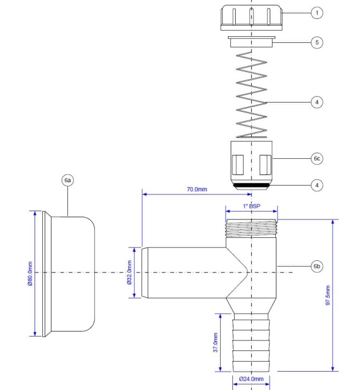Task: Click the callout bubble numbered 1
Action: pos(317,12)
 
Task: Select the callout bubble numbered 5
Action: pos(317,42)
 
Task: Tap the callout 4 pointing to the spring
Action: pos(317,102)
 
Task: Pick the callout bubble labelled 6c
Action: pos(317,159)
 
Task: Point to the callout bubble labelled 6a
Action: pos(67,181)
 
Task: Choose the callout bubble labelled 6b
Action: pos(317,267)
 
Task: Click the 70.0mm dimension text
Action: pos(197,189)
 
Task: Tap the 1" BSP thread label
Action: pos(251,207)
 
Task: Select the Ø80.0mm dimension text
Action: pos(30,273)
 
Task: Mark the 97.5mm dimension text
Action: pos(328,295)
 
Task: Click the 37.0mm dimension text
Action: pos(216,343)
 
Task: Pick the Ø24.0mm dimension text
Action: pos(251,379)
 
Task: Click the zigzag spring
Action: pos(251,95)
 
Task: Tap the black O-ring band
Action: pos(251,186)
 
